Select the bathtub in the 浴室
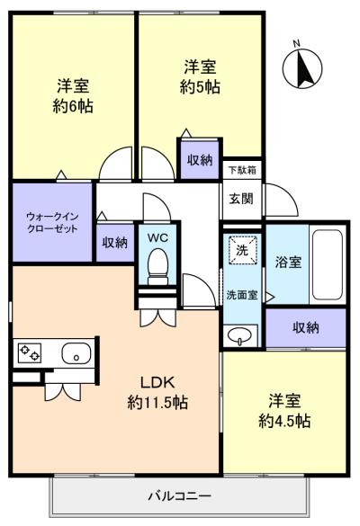(327, 264)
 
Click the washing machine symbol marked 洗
(242, 250)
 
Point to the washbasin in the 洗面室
(239, 335)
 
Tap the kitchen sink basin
(76, 353)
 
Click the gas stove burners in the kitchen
(30, 352)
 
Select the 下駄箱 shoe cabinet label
(242, 170)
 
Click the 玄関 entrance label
(241, 199)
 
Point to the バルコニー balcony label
(180, 495)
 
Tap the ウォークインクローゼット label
(52, 222)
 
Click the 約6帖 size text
(73, 106)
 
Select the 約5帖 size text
(200, 87)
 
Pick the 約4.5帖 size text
(284, 421)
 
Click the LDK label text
(157, 382)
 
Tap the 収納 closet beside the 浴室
(306, 327)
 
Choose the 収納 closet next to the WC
(115, 242)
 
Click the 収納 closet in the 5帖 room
(200, 160)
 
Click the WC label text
(157, 238)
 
